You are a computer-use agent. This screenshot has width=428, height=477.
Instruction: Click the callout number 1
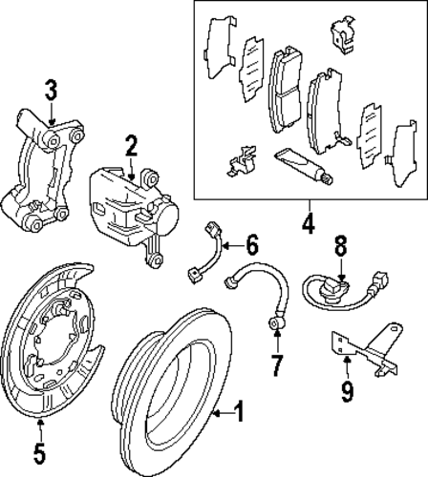pyautogui.click(x=239, y=411)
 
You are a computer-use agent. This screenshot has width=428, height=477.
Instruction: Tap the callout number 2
pyautogui.click(x=131, y=146)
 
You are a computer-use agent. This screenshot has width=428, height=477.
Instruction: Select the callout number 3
pyautogui.click(x=51, y=90)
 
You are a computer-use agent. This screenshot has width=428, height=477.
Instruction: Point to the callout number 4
pyautogui.click(x=309, y=223)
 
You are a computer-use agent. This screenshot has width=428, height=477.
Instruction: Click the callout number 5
pyautogui.click(x=39, y=452)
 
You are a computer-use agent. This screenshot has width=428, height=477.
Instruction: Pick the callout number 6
pyautogui.click(x=251, y=245)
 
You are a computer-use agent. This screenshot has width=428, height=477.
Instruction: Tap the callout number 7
pyautogui.click(x=276, y=365)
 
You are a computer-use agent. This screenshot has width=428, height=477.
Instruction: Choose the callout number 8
pyautogui.click(x=340, y=245)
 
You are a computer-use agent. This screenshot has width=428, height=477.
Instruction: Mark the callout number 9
pyautogui.click(x=347, y=391)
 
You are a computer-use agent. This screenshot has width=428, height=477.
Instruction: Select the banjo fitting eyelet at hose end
pyautogui.click(x=276, y=323)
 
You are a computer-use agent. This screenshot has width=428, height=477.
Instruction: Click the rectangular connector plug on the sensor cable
pyautogui.click(x=377, y=281)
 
